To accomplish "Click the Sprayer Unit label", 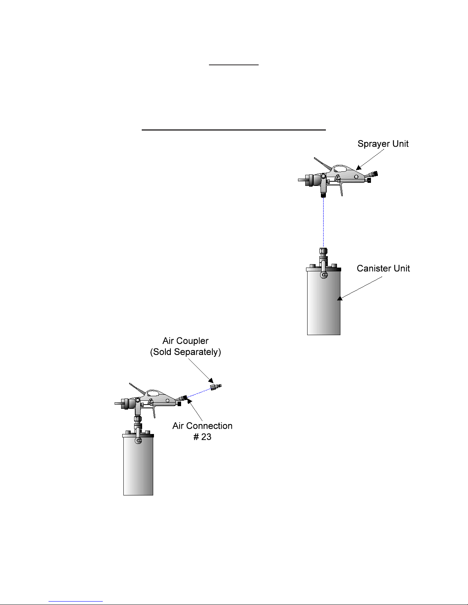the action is click(383, 144).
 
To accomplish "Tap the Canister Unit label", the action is click(383, 268).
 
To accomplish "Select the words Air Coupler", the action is click(186, 341).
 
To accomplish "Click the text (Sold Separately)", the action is click(186, 352).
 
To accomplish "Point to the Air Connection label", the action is click(202, 426).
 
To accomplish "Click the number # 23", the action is click(202, 437).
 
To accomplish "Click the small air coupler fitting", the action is click(216, 386).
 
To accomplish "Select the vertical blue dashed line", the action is click(323, 223).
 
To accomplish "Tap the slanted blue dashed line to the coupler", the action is click(199, 393).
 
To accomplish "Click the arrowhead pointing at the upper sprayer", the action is click(359, 167).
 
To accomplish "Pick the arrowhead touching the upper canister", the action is click(340, 298).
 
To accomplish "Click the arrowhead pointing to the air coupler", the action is click(211, 381).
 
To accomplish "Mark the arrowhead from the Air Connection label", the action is click(189, 401).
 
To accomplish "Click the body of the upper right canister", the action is click(324, 303).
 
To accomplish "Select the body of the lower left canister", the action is click(138, 466).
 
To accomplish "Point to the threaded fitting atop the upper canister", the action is click(323, 252).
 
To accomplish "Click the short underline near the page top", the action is click(234, 65).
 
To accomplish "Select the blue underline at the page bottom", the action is click(76, 601).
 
